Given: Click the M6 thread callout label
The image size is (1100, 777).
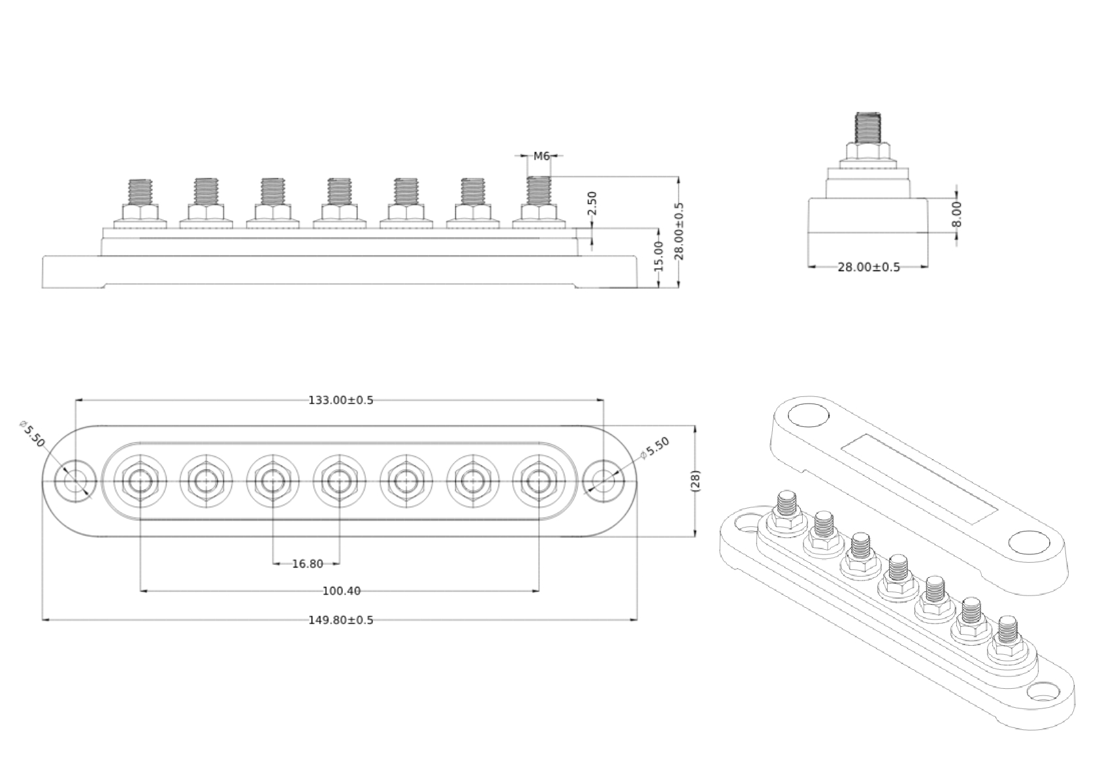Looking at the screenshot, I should pyautogui.click(x=542, y=156).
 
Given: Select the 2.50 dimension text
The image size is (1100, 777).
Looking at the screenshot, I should pyautogui.click(x=592, y=204).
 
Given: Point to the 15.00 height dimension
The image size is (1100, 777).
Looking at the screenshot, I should pyautogui.click(x=658, y=256).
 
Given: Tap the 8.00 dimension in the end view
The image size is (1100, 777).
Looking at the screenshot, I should pyautogui.click(x=957, y=214).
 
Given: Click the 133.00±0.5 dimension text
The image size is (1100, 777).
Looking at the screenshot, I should pyautogui.click(x=340, y=400).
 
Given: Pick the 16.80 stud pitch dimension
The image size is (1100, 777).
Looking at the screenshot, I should pyautogui.click(x=307, y=563).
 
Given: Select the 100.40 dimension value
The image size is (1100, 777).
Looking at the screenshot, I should pyautogui.click(x=341, y=592).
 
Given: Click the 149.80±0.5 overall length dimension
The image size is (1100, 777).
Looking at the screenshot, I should pyautogui.click(x=340, y=620).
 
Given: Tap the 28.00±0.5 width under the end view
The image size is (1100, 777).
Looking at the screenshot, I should pyautogui.click(x=868, y=267).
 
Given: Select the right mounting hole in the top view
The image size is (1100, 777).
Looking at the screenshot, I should pyautogui.click(x=603, y=481).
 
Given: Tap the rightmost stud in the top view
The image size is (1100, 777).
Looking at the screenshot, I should pyautogui.click(x=538, y=481).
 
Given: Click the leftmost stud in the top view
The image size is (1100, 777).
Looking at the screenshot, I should pyautogui.click(x=140, y=481).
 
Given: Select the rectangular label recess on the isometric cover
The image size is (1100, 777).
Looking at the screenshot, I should pyautogui.click(x=919, y=479).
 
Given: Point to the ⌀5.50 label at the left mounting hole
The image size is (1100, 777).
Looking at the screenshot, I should pyautogui.click(x=33, y=434).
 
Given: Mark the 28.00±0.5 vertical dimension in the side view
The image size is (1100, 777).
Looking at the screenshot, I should pyautogui.click(x=679, y=231).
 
